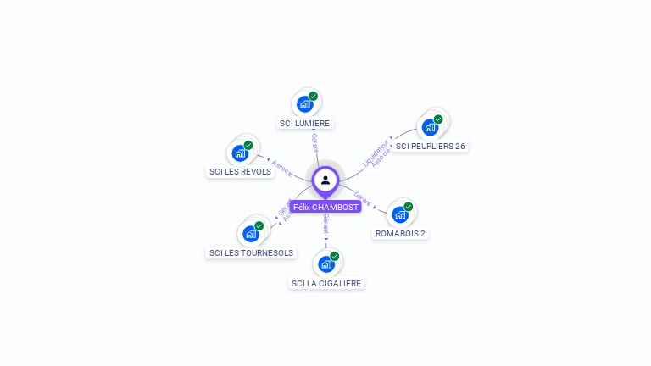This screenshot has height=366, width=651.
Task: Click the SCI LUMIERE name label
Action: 305,123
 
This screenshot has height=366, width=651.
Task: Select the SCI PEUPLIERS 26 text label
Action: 430,146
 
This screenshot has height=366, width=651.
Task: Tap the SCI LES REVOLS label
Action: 240,171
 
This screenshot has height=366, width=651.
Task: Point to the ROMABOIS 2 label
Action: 400,233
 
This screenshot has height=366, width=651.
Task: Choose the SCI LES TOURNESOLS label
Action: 251,252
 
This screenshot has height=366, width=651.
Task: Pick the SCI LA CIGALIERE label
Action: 326,283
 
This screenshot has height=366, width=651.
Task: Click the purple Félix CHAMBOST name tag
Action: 325,207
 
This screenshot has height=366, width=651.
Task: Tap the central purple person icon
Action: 325,180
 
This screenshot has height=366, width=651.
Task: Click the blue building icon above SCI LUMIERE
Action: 304,104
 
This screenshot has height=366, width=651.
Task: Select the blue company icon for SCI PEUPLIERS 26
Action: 430,127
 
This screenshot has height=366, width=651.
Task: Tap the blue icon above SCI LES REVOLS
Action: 240,153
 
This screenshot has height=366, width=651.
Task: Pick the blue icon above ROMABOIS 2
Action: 400,214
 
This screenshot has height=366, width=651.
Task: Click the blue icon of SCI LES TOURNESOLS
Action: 251,234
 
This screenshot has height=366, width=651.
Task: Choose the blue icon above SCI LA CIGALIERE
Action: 326,263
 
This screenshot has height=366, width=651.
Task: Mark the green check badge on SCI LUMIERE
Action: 313,96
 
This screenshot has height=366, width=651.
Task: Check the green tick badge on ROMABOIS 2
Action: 409,206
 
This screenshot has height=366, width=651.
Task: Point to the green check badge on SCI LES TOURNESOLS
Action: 259,225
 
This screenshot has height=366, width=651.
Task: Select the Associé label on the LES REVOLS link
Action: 282,168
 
